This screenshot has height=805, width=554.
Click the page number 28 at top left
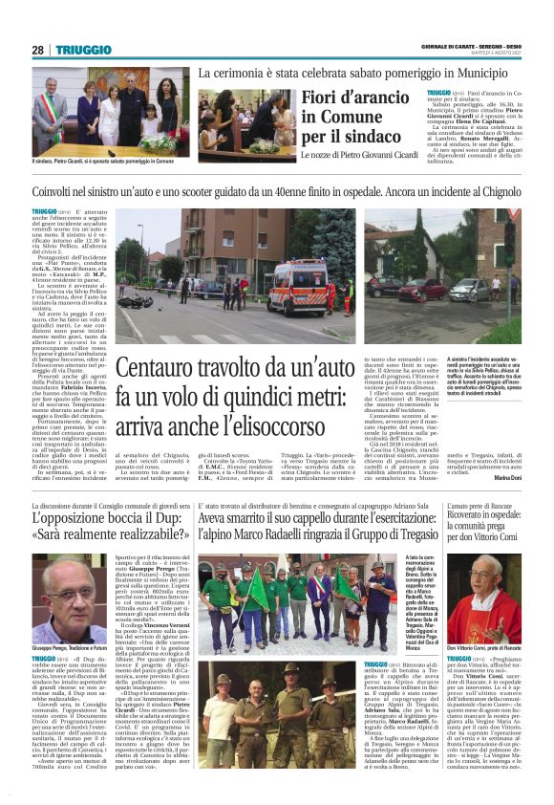click(x=37, y=50)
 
